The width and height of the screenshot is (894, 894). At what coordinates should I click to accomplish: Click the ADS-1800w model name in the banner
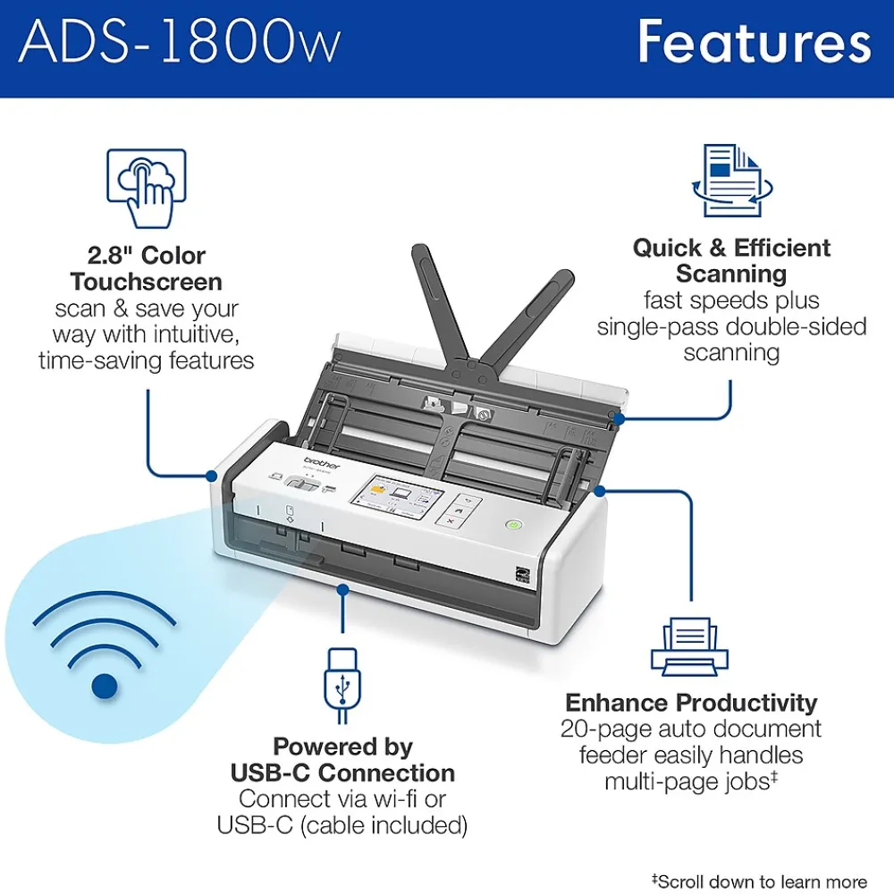tap(180, 42)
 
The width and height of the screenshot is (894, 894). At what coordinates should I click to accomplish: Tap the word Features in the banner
tap(755, 41)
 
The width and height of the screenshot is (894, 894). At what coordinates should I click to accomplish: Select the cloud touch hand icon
tap(147, 188)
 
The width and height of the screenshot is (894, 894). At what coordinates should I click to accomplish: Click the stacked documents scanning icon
tap(732, 181)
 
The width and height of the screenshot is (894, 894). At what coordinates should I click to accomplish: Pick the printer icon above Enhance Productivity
tap(690, 646)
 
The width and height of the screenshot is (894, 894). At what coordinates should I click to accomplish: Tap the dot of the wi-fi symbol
tap(105, 687)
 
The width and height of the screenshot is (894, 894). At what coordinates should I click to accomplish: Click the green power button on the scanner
tap(514, 524)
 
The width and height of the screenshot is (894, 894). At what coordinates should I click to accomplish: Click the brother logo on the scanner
tap(322, 462)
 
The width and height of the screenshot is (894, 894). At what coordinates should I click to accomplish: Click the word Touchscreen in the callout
tap(146, 283)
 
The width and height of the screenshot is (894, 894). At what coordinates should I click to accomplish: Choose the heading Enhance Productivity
tap(691, 703)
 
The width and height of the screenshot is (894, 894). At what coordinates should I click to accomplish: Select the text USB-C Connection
tap(342, 773)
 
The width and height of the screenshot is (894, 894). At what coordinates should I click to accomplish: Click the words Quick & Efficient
tap(731, 248)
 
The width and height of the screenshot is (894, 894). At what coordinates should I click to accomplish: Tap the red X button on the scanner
tap(451, 520)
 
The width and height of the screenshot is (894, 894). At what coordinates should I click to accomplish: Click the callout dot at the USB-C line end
tap(342, 589)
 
